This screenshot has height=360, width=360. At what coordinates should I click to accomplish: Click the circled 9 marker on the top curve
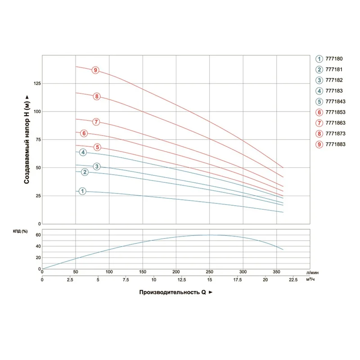pos(95,70)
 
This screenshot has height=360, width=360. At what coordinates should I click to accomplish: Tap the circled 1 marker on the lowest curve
pos(83,191)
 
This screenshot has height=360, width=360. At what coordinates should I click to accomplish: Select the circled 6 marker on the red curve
pos(84,133)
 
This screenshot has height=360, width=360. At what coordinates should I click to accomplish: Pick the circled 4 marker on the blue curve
pos(83,153)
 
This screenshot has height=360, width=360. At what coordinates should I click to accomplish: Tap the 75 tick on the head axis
pos(38,140)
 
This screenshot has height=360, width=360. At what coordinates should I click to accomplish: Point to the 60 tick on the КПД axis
pos(38,235)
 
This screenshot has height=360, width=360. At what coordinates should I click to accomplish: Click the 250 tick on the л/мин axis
pos(209,272)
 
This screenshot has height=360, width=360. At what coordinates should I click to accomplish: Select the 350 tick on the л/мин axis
pos(276,272)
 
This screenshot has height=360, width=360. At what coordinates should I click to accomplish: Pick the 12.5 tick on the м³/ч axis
pos(176,280)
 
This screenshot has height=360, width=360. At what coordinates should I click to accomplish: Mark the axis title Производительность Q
pos(173,292)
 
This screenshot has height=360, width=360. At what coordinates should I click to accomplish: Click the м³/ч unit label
pos(310,280)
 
